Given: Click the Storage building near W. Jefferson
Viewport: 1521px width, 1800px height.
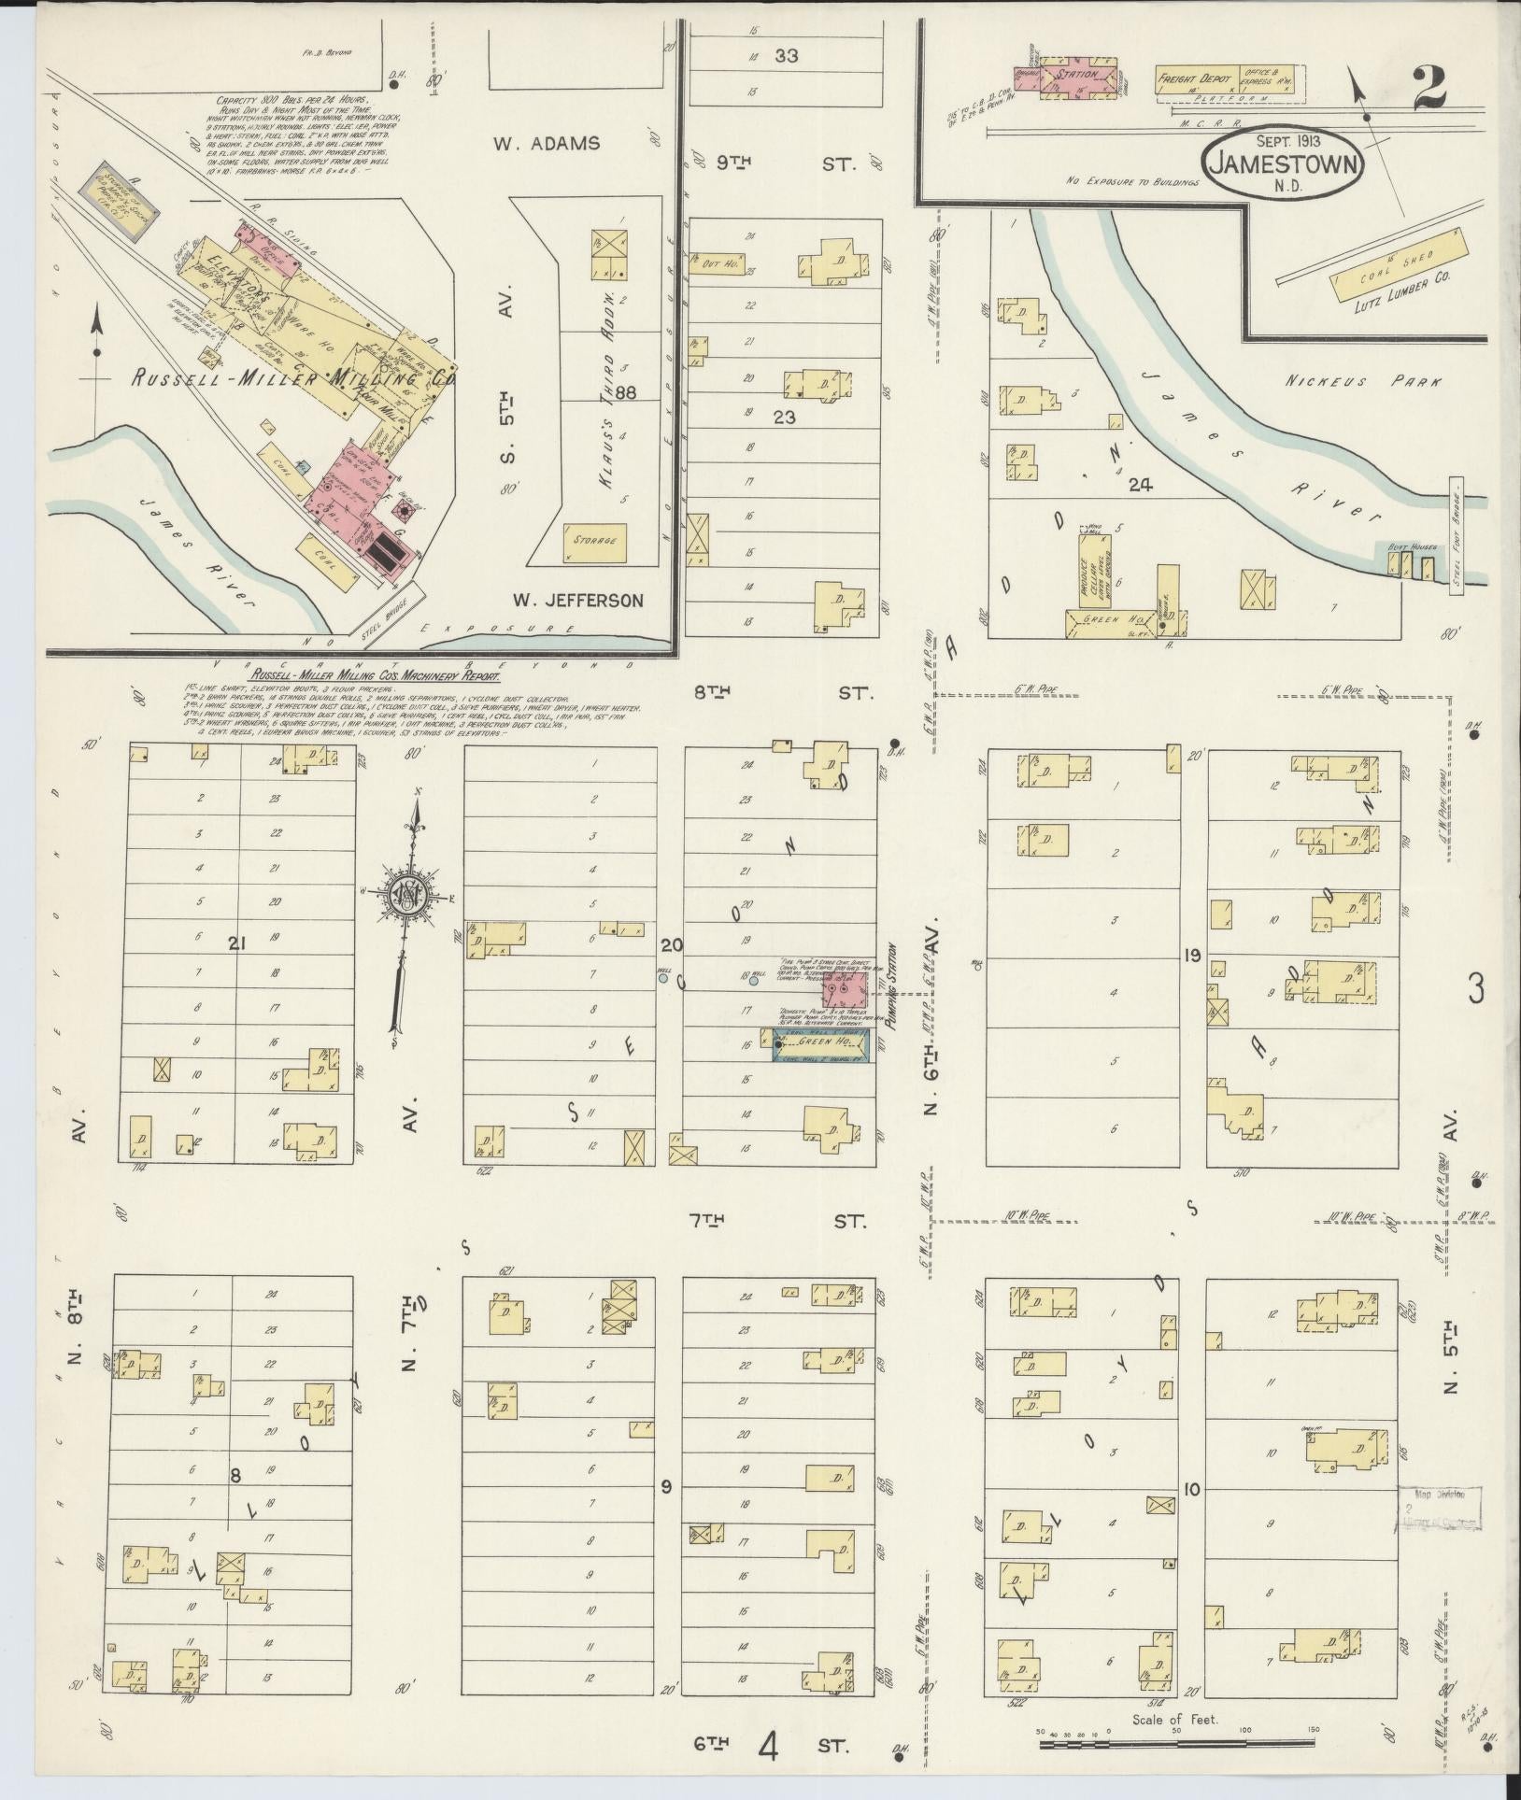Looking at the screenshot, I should click(595, 542).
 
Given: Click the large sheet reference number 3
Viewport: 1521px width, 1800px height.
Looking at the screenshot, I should click(1475, 990).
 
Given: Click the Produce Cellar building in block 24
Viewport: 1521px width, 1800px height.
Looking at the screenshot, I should click(1091, 568).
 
